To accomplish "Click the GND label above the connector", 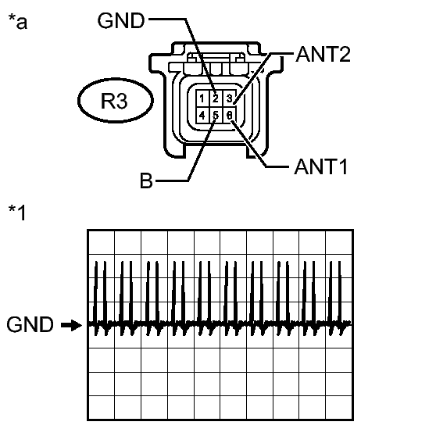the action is tap(121, 20).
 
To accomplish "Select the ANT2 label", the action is tap(323, 54).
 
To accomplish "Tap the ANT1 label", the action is tap(321, 167).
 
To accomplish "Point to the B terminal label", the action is tap(147, 180).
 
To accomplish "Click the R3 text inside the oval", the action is tap(114, 101).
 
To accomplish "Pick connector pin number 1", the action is tap(202, 98).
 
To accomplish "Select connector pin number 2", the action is tap(216, 98).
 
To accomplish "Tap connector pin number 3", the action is tap(230, 98).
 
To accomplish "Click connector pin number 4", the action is tap(202, 115).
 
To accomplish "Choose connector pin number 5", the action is tap(216, 115).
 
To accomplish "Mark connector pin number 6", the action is tap(230, 115).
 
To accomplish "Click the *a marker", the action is tap(18, 21).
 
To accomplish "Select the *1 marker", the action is tap(17, 213).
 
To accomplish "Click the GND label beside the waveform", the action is tap(30, 324).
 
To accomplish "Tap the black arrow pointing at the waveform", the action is tap(71, 325).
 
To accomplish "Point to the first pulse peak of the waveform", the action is tap(96, 262).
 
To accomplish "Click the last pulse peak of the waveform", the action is tap(340, 262).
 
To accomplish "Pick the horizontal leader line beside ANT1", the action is tap(277, 167).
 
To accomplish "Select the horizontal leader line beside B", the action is tap(172, 181).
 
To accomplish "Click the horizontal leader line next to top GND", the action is tap(167, 20).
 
